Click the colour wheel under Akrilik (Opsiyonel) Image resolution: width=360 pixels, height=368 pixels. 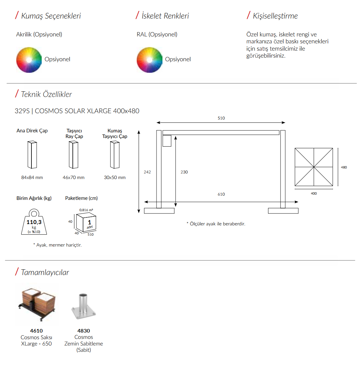tap(29, 60)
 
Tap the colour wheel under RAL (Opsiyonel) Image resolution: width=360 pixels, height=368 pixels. tap(150, 60)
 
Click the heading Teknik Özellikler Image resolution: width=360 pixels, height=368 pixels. tap(46, 94)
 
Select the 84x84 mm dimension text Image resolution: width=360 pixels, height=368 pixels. tap(32, 177)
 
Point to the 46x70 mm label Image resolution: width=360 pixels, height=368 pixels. tap(73, 177)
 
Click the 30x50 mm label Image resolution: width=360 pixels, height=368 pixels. tap(115, 177)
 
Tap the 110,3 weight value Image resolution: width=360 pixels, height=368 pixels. tap(34, 222)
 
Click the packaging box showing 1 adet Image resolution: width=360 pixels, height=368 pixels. tap(86, 222)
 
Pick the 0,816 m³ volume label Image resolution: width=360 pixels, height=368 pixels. tap(86, 210)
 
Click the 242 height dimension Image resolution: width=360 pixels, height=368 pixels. tap(147, 172)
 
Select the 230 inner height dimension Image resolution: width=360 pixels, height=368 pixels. tap(184, 172)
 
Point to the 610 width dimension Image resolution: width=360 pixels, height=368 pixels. tap(221, 194)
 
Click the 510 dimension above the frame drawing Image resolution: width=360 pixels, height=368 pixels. tap(221, 118)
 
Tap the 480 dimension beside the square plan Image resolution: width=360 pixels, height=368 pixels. tap(344, 167)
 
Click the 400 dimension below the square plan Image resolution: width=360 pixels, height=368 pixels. tap(314, 193)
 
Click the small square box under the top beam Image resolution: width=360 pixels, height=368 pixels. tap(167, 141)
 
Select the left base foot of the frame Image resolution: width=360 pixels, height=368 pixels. tap(159, 211)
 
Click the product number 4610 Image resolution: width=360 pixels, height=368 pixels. tap(36, 331)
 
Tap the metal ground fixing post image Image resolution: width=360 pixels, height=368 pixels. tap(83, 306)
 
